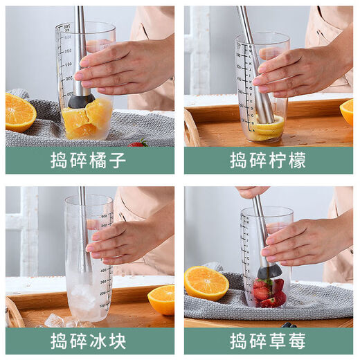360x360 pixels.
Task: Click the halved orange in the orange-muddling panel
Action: click(19, 112)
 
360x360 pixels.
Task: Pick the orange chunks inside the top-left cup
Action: click(87, 119)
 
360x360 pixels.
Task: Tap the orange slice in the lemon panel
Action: click(347, 111)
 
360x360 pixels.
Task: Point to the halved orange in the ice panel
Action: click(162, 299)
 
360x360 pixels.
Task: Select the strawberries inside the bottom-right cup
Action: click(267, 291)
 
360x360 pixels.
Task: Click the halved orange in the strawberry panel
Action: click(206, 282)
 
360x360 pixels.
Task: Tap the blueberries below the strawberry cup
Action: click(289, 325)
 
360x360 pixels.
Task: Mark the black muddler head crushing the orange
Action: click(81, 101)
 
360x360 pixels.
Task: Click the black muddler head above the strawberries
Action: click(269, 271)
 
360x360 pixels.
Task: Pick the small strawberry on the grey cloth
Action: click(140, 143)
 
